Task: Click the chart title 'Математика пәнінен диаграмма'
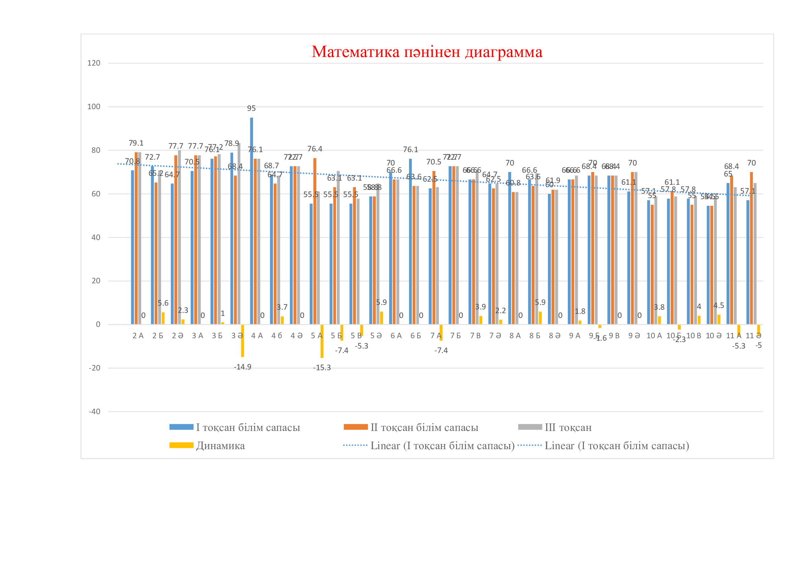[427, 52]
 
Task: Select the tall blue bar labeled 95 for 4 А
[251, 220]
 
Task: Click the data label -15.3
[322, 367]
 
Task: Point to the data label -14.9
[242, 367]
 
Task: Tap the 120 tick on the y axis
[94, 63]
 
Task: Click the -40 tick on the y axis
[94, 412]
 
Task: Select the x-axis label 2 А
[138, 336]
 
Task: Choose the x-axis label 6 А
[396, 336]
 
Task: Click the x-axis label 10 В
[694, 336]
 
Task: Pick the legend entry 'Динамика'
[220, 446]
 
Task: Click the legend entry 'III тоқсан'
[568, 428]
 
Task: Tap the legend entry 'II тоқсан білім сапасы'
[424, 428]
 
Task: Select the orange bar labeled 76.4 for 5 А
[315, 241]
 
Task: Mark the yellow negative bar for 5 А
[322, 341]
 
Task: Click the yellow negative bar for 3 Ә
[242, 341]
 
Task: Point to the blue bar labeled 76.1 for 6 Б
[410, 241]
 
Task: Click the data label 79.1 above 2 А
[136, 144]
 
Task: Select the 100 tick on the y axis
[94, 107]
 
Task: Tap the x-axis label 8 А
[515, 336]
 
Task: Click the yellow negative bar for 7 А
[441, 333]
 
